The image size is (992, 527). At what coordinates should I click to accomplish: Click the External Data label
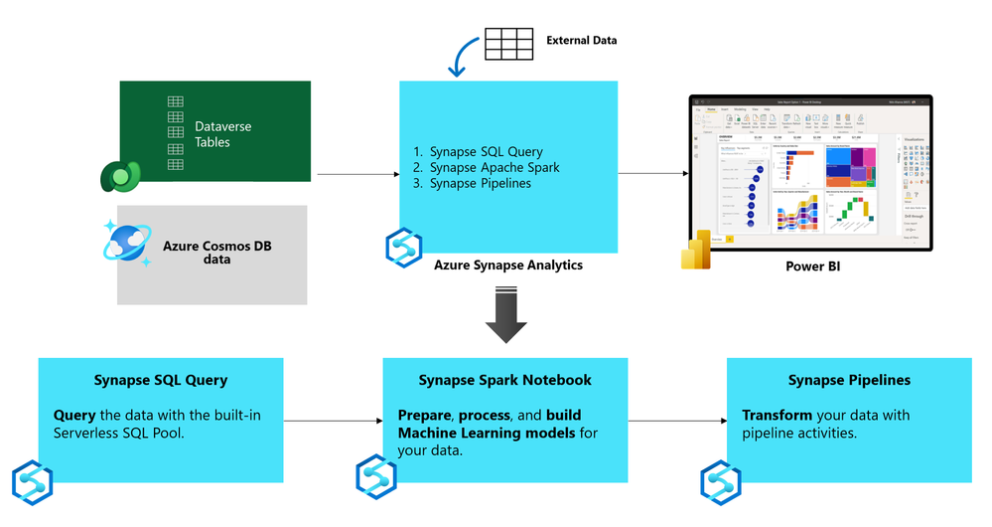[x=581, y=41]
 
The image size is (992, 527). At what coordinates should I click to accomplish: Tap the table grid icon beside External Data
[x=508, y=43]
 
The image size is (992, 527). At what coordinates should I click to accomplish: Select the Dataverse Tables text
[x=222, y=134]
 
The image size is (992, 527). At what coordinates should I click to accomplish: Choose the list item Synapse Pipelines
[x=480, y=184]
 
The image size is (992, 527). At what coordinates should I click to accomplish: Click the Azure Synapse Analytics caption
[x=508, y=265]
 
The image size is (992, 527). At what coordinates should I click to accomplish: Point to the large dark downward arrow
[x=506, y=315]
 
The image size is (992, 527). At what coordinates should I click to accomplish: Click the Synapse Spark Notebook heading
[x=504, y=380]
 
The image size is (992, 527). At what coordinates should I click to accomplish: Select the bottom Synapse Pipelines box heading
[x=849, y=380]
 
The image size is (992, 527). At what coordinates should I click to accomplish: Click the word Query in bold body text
[x=73, y=415]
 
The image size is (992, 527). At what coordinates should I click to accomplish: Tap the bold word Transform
[x=777, y=415]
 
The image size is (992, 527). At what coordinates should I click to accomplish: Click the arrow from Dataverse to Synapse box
[x=357, y=176]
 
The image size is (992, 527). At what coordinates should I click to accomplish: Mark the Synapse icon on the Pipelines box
[x=721, y=482]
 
